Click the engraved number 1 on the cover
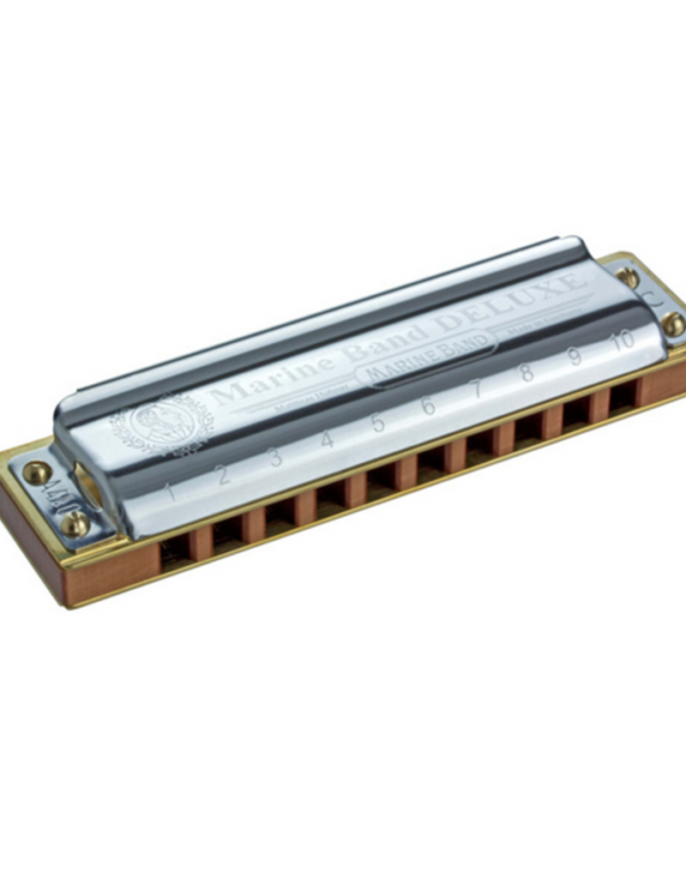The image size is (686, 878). [x=171, y=492]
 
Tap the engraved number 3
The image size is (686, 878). [x=276, y=457]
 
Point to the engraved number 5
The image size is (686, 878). [x=378, y=422]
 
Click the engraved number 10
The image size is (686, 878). [x=623, y=339]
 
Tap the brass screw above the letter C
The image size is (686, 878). [x=628, y=277]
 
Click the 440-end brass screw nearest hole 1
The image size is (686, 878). [x=75, y=523]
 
